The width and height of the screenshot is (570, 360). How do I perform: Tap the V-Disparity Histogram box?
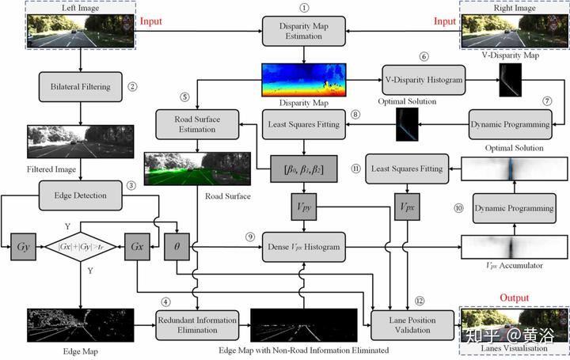coord(424,81)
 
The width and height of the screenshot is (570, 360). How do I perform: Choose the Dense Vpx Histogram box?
coord(303,248)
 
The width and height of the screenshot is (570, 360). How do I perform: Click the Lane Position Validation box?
coord(408,324)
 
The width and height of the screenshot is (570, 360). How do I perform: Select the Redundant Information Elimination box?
coord(196,324)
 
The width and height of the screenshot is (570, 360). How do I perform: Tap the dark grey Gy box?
coord(22,247)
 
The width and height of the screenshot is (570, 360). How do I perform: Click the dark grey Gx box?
coord(136,247)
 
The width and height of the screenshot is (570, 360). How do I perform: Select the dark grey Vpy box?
coord(303,207)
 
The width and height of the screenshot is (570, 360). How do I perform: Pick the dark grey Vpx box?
coord(408,207)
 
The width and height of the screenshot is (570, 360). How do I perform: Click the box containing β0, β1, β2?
coord(303,169)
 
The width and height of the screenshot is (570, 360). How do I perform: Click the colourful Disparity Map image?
coord(305,81)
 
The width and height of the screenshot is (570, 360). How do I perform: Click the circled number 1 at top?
coord(303,7)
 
